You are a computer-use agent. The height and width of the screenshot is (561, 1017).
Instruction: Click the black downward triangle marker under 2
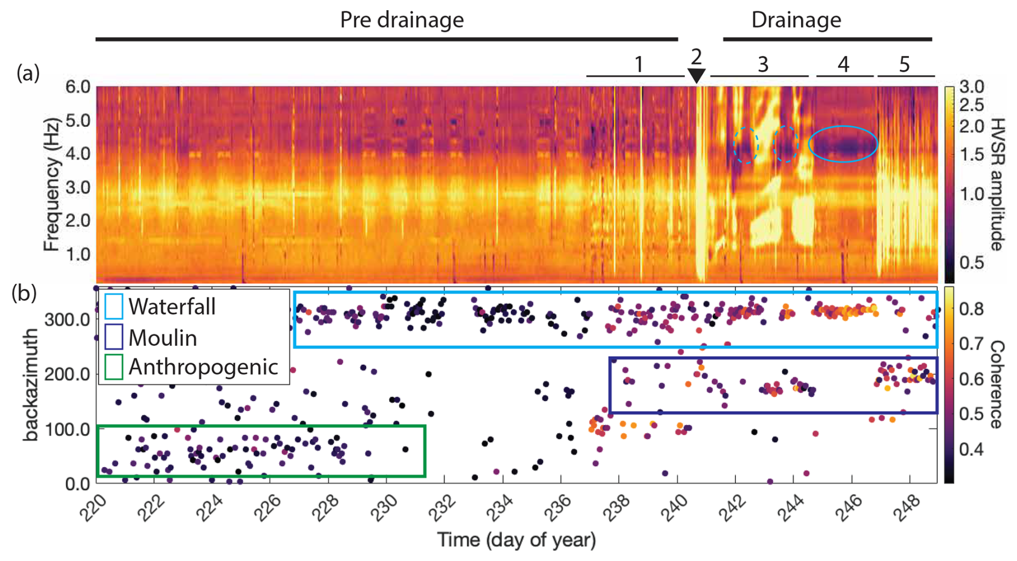point(696,75)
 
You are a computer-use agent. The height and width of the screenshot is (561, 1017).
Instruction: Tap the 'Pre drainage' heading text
point(402,20)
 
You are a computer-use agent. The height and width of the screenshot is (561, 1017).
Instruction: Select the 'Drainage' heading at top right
point(796,20)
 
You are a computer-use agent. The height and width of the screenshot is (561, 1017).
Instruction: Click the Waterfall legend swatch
point(113,306)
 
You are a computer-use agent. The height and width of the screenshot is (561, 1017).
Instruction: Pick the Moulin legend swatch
point(113,337)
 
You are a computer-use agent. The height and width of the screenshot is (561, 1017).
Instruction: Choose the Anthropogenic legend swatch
point(113,367)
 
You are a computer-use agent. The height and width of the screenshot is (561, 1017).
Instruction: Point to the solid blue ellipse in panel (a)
point(843,144)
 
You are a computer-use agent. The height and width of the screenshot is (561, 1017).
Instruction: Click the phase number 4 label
point(843,64)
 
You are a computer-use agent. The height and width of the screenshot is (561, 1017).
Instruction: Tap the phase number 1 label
point(638,64)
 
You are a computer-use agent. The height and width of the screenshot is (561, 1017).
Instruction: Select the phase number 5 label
point(904,64)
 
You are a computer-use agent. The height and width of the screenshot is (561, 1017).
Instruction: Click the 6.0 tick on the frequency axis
point(77,87)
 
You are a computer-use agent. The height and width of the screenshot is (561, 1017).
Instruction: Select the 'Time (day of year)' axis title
point(516,540)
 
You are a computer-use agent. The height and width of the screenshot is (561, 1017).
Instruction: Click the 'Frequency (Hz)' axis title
point(51,184)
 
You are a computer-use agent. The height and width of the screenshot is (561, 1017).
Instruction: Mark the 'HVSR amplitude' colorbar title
point(997,184)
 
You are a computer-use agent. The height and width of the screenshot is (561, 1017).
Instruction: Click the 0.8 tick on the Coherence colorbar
point(970,309)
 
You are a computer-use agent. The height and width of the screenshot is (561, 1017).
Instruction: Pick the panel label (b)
point(25,294)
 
